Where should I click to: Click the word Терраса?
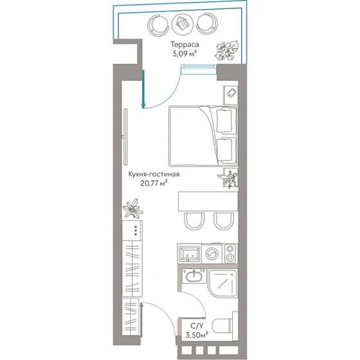pyautogui.click(x=184, y=44)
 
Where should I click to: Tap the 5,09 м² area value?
pyautogui.click(x=185, y=54)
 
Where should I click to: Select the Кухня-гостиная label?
pyautogui.click(x=154, y=174)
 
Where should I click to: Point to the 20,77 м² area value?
pyautogui.click(x=154, y=183)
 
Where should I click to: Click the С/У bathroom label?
pyautogui.click(x=197, y=326)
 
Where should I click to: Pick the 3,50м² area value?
pyautogui.click(x=197, y=335)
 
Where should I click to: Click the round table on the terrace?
pyautogui.click(x=183, y=24)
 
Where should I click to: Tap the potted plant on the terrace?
pyautogui.click(x=227, y=51)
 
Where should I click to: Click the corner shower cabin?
pyautogui.click(x=222, y=283)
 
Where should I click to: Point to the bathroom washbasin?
pyautogui.click(x=194, y=276)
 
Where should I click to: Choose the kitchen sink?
pyautogui.click(x=190, y=254)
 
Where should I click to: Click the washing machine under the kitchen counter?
pyautogui.click(x=212, y=254)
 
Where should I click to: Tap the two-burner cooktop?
pyautogui.click(x=230, y=254)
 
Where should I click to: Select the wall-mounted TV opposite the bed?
pyautogui.click(x=125, y=137)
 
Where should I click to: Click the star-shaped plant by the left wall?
pyautogui.click(x=132, y=208)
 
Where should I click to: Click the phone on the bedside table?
pyautogui.click(x=231, y=93)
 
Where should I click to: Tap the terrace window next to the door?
pyautogui.click(x=199, y=67)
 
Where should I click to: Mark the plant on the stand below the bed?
pyautogui.click(x=228, y=179)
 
